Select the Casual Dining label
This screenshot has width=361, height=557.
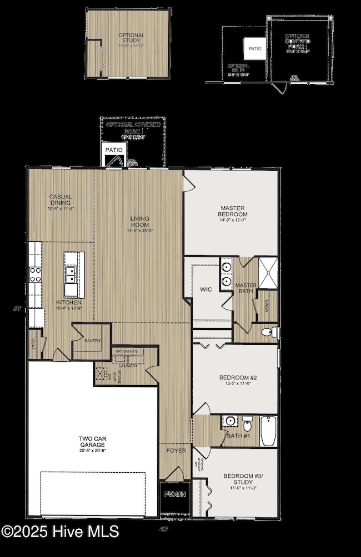[x=61, y=200]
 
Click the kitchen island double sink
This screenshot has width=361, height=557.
[x=71, y=274]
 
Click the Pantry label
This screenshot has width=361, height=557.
[x=92, y=341]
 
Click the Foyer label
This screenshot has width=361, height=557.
[x=176, y=451]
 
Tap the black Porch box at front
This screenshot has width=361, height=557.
[x=174, y=494]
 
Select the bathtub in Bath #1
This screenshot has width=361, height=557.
[x=269, y=431]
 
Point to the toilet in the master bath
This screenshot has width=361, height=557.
[x=267, y=333]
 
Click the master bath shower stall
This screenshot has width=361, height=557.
[x=267, y=273]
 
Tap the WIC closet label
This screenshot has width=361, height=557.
[x=205, y=289]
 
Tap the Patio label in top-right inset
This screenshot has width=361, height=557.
[x=255, y=49]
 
